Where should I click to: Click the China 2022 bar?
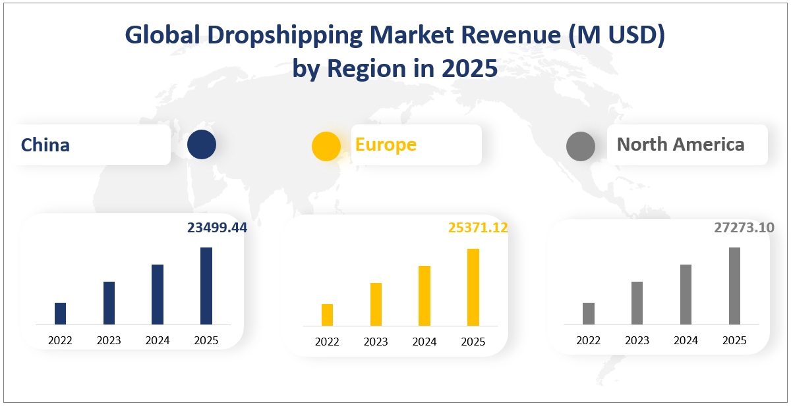click(x=60, y=313)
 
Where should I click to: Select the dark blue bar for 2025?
click(x=206, y=286)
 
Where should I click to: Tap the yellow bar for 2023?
click(x=376, y=304)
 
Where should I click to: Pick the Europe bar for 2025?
click(x=473, y=287)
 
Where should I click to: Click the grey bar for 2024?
click(x=686, y=294)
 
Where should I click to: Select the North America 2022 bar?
click(x=589, y=313)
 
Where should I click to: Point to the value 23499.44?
click(x=217, y=228)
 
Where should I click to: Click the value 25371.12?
click(x=478, y=228)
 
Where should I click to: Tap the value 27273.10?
click(x=744, y=228)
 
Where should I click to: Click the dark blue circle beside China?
click(x=201, y=145)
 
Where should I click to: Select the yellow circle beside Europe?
click(x=326, y=146)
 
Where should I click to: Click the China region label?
click(x=45, y=145)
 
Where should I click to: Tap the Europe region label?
click(x=386, y=144)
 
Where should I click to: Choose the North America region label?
click(x=680, y=144)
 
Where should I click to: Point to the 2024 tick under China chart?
click(x=158, y=340)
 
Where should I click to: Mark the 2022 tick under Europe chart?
click(x=327, y=342)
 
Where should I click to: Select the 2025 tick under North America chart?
click(x=734, y=340)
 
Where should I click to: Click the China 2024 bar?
click(x=158, y=294)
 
